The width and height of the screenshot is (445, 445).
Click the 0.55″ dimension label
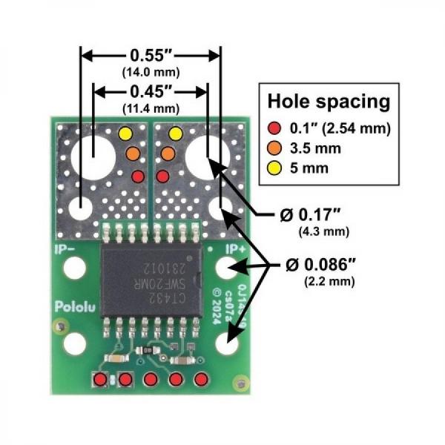pos(151,56)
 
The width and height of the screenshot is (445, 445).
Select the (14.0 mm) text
pos(151,72)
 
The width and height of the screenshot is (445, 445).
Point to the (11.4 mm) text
pos(151,108)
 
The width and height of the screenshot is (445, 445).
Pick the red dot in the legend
pos(276,128)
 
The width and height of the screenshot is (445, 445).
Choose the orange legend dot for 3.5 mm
pos(276,148)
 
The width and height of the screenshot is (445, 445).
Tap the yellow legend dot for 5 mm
pos(276,168)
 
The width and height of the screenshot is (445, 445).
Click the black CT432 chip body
pos(151,274)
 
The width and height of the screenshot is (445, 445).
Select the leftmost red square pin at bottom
pos(100,380)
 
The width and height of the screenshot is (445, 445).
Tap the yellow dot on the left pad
pos(125,133)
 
